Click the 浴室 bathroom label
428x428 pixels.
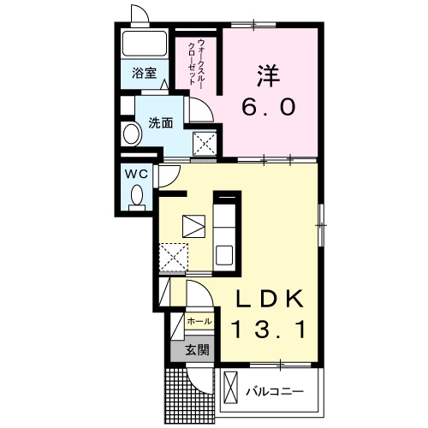144,74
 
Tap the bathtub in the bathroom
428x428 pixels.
145,44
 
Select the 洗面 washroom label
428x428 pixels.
161,122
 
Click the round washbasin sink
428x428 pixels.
132,134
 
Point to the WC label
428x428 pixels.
137,174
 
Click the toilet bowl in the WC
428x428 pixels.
137,195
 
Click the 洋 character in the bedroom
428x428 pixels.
268,75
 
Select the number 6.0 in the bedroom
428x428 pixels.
268,106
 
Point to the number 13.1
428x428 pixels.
270,329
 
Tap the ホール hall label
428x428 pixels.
199,322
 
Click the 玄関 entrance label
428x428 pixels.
198,349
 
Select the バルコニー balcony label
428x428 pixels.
275,391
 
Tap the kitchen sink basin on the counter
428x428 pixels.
224,255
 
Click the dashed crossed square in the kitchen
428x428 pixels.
174,257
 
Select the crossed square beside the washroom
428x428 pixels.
205,144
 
